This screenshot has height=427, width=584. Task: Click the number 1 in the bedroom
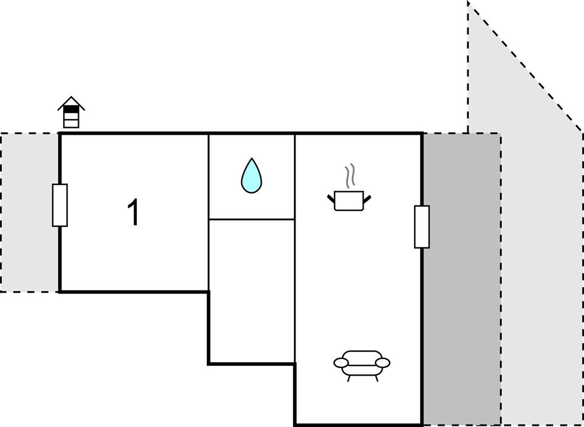134,213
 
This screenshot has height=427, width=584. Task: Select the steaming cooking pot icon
349,199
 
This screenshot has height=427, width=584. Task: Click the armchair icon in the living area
361,364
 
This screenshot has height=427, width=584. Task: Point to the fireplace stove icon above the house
71,113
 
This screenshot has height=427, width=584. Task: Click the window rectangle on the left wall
60,205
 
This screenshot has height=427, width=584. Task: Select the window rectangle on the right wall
422,226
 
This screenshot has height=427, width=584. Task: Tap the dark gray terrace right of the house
461,280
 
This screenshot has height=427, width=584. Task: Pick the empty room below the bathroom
252,292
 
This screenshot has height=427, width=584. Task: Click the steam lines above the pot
349,177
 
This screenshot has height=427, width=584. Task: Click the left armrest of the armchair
340,363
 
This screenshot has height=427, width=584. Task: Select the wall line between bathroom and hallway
252,219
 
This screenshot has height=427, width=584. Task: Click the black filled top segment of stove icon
71,109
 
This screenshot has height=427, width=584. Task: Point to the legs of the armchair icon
362,378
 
